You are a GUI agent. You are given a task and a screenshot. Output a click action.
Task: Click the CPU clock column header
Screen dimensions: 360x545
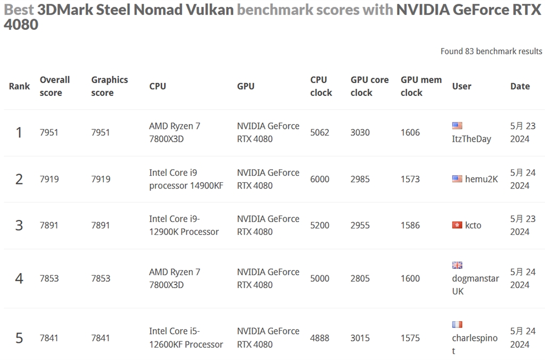pos(321,86)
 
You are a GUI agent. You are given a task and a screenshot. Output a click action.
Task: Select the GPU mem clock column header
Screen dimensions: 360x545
pos(421,86)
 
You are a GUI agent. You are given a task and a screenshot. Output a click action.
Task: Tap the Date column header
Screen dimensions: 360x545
pos(520,86)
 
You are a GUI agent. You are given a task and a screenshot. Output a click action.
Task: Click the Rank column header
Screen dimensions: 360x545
pos(20,86)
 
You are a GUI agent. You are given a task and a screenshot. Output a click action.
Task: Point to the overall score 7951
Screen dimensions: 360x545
pos(49,133)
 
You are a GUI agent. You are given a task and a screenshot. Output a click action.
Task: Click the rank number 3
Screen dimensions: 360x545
pos(19,225)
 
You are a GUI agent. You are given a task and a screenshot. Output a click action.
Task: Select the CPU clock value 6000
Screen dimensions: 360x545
pos(320,179)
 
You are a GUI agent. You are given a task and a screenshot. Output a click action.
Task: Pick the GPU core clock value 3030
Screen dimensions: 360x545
pos(360,133)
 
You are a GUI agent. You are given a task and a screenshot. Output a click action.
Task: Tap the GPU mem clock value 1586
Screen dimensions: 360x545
pos(410,225)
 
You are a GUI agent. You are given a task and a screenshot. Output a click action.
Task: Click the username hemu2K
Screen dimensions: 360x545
pos(482,179)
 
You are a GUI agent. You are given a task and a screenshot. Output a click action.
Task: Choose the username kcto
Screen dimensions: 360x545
pos(473,225)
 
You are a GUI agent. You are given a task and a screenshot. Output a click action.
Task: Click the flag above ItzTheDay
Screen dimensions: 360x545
pos(457,126)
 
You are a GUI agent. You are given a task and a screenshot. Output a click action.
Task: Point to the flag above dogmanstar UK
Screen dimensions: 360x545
pos(457,265)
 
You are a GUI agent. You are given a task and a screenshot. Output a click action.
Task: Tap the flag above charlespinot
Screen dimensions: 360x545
pos(457,324)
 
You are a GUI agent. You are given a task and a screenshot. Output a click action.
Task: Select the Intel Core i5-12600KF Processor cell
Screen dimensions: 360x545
pos(186,338)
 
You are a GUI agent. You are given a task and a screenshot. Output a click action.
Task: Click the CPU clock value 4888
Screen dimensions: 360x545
pos(320,338)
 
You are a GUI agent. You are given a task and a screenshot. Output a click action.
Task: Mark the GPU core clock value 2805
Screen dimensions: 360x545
pos(360,279)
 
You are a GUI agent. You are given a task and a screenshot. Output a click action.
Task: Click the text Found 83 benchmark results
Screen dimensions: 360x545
pos(491,51)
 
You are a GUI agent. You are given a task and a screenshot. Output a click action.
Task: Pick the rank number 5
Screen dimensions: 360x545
pos(19,338)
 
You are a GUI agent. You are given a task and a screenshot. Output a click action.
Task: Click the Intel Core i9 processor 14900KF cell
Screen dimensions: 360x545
pos(186,179)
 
